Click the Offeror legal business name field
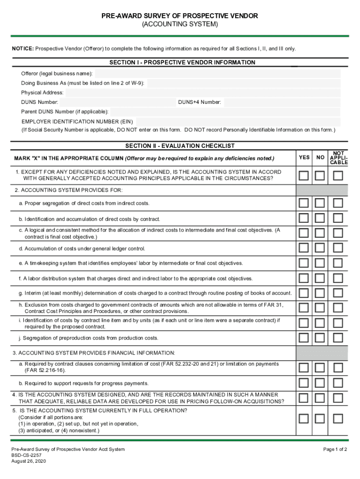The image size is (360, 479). (x=217, y=74)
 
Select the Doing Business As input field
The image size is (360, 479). (x=243, y=83)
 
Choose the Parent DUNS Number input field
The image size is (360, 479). (x=225, y=112)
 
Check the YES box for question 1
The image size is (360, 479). (x=304, y=175)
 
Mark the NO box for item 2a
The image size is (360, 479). (x=320, y=203)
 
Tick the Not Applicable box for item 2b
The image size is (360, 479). (x=338, y=218)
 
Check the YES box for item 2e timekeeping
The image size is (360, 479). (x=304, y=263)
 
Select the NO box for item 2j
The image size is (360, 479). (x=320, y=337)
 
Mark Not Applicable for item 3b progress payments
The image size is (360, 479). (x=338, y=383)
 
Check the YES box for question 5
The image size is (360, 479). (x=304, y=418)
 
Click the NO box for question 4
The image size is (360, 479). (x=320, y=398)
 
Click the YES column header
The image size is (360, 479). (x=304, y=158)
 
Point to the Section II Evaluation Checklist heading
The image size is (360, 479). (x=180, y=146)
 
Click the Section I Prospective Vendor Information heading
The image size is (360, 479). (x=182, y=62)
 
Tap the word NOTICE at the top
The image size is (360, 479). (x=22, y=49)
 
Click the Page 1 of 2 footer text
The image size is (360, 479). (x=335, y=450)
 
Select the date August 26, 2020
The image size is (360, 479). (x=29, y=461)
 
